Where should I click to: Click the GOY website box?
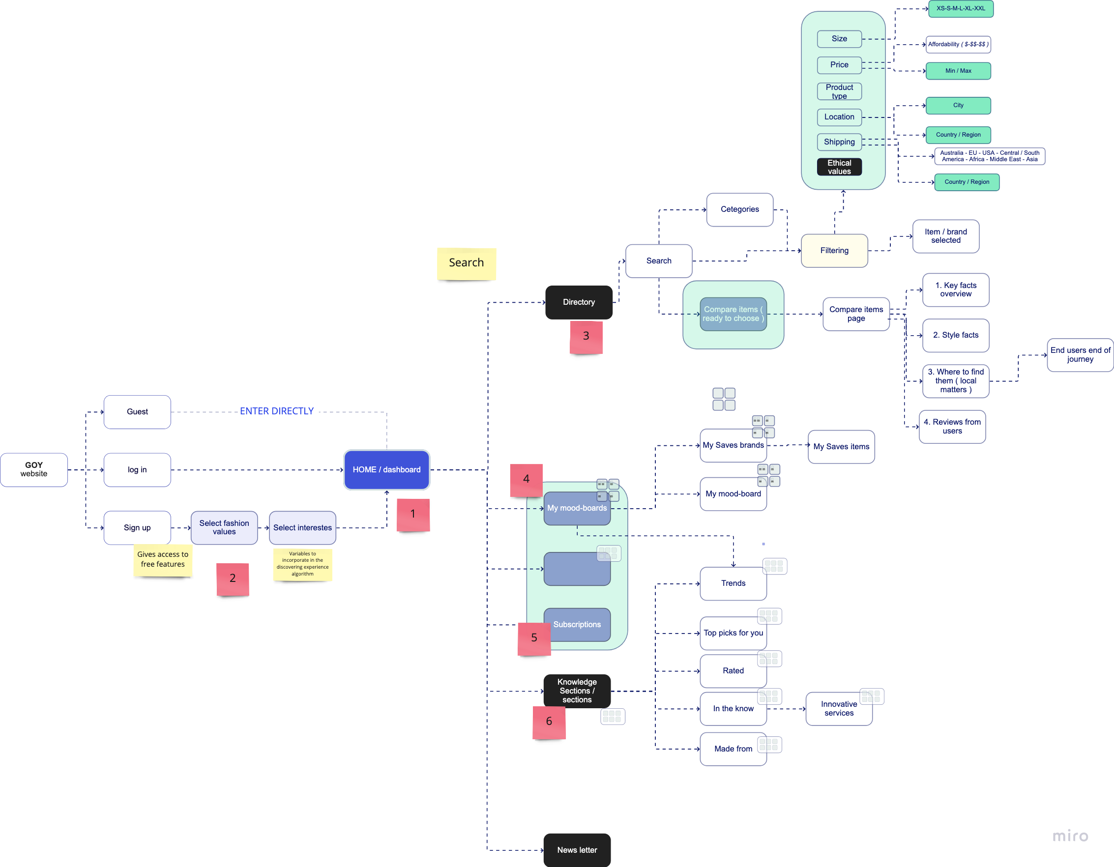(33, 470)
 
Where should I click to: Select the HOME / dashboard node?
(386, 470)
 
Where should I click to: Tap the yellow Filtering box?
(834, 250)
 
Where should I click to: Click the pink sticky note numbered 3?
(586, 337)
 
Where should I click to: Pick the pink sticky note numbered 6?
(549, 722)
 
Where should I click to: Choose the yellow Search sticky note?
(466, 263)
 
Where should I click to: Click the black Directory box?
(579, 302)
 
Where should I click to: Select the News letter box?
(577, 850)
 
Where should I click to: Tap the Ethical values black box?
(839, 167)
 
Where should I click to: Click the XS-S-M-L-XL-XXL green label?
(961, 9)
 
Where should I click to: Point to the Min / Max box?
(958, 71)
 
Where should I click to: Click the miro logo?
(1070, 836)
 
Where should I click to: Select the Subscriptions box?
(577, 624)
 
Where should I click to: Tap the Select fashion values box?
(224, 527)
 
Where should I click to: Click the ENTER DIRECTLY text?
(277, 411)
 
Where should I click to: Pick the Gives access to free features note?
(163, 559)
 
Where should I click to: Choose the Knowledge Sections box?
(577, 691)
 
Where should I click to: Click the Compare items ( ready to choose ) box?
(733, 314)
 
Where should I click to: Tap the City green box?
(958, 106)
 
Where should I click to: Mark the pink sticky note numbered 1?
(413, 515)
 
